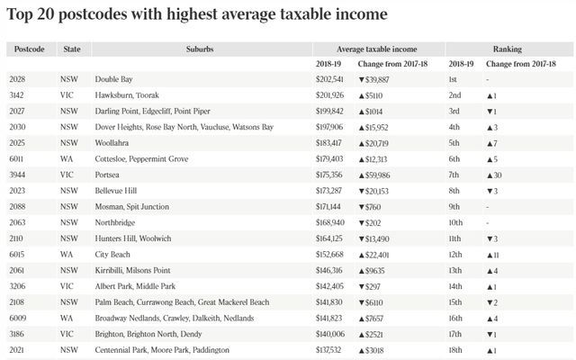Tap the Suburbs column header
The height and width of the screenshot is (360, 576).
tap(201, 49)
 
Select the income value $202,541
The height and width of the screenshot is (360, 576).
tap(331, 79)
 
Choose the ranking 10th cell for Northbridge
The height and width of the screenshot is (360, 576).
tap(460, 222)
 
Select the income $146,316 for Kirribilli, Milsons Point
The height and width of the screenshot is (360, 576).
tap(331, 270)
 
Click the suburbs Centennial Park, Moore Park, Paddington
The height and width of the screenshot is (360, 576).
tap(162, 349)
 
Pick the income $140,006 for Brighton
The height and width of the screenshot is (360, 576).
tap(331, 333)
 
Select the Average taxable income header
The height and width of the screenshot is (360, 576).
tap(376, 49)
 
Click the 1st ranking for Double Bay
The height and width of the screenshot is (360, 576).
tap(456, 79)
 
